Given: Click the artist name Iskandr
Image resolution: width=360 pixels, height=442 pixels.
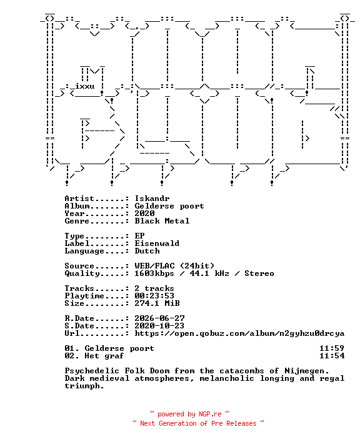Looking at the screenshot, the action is point(152,199).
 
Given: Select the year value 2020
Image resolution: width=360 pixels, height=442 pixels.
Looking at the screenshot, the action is point(144,214).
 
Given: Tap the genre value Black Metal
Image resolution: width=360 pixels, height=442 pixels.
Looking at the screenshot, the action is point(162,221).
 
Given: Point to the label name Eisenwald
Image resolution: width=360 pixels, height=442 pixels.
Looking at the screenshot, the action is point(157,243).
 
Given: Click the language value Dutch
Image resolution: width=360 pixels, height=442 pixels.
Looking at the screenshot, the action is point(147,251).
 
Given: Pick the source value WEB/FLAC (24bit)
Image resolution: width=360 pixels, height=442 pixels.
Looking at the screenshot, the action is point(174,266).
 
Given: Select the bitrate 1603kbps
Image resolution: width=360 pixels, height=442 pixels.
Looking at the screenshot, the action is point(154,273).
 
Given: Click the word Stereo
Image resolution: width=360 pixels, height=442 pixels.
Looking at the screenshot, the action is point(259,273).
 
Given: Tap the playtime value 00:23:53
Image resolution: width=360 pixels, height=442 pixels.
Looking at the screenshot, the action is point(154,296).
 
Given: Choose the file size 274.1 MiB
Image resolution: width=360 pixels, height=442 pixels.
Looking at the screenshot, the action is point(157,303).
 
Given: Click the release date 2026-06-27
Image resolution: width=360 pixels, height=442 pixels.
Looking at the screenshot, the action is point(159,318).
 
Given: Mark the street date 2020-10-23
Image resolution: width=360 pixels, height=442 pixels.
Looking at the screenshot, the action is point(159,326).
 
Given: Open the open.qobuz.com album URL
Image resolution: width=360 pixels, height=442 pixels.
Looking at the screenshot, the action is point(239,333).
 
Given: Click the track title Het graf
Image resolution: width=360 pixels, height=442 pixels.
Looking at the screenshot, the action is point(104,356).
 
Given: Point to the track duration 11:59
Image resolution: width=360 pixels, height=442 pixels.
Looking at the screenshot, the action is point(332,348).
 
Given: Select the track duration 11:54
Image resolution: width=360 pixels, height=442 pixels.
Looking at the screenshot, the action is point(332,356).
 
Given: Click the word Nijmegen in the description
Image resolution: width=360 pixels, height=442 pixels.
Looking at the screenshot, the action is point(306,371).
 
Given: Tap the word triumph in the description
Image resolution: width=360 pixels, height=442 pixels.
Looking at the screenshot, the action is point(84,386).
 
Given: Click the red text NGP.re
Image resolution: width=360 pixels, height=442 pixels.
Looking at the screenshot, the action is point(210,414).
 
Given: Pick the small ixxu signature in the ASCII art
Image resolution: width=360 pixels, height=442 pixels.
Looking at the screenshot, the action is point(84,86).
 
